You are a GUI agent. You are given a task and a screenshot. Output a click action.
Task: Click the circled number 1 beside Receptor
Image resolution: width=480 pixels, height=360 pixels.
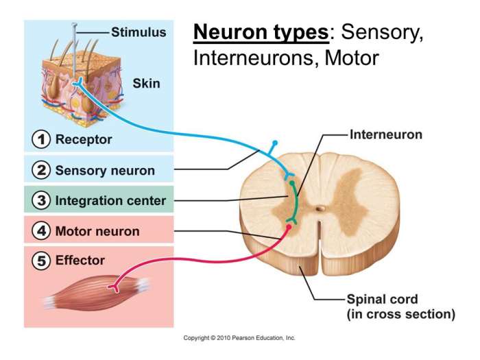tap(42, 140)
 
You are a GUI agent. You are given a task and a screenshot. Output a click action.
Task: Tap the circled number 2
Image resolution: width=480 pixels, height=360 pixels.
tap(42, 170)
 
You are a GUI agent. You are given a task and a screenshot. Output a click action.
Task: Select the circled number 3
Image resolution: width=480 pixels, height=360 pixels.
tap(42, 200)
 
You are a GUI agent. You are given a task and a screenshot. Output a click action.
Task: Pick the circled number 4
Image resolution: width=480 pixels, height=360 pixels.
tap(42, 231)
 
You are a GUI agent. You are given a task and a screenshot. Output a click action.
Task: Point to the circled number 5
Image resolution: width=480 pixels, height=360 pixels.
tap(42, 261)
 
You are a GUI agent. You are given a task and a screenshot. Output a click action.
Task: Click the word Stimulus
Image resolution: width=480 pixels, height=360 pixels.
tap(139, 32)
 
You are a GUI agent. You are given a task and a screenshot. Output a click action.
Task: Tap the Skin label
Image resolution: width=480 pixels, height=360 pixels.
tap(146, 84)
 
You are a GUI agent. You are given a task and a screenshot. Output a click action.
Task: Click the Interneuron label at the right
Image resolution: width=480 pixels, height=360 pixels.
tap(386, 134)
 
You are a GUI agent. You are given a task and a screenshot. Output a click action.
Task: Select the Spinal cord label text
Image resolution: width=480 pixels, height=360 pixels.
tap(383, 300)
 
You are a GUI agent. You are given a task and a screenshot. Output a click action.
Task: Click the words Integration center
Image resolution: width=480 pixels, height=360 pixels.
tap(110, 201)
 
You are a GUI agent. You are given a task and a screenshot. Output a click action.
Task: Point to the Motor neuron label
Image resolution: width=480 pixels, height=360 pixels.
tap(97, 231)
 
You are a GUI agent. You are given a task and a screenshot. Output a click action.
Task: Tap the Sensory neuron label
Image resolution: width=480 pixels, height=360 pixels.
tap(105, 170)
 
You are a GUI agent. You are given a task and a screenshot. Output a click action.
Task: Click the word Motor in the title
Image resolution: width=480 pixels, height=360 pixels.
tap(351, 58)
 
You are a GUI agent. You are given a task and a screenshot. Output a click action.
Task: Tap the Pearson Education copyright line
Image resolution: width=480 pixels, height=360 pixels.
tap(239, 338)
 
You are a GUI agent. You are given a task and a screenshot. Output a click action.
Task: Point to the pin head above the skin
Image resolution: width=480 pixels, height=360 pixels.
tap(75, 26)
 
